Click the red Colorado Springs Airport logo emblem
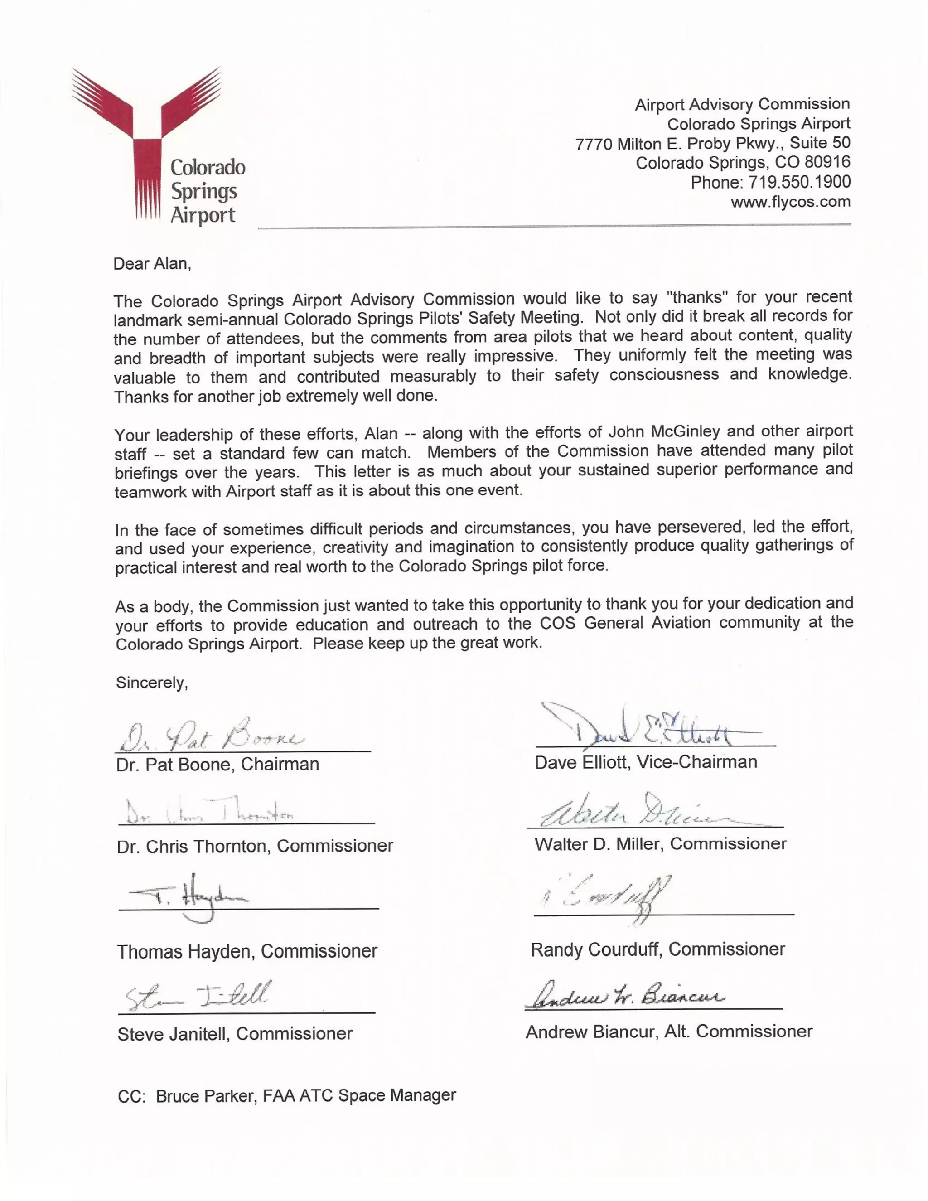click(x=146, y=137)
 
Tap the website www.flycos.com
click(x=790, y=202)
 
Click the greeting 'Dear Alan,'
click(x=152, y=264)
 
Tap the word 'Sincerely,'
click(x=152, y=683)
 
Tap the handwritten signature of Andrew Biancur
click(x=624, y=996)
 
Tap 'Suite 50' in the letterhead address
click(x=820, y=143)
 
